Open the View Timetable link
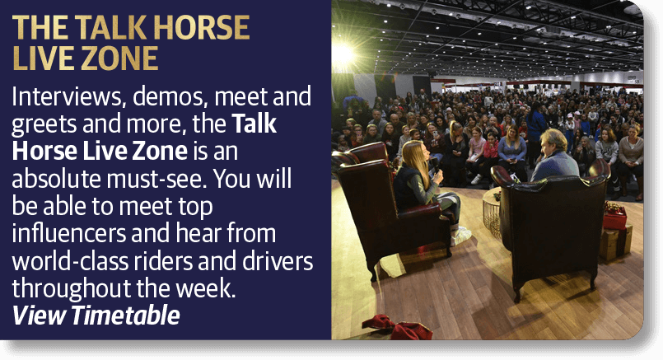[96, 315]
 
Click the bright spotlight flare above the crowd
[343, 54]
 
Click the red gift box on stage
[614, 218]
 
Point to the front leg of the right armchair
[516, 290]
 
